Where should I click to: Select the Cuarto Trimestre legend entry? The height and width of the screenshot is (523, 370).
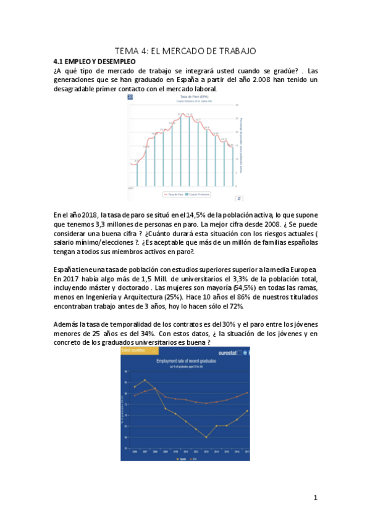198,194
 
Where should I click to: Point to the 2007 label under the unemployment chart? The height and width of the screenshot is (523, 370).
131,186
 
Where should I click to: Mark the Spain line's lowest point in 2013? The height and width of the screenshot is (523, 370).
206,437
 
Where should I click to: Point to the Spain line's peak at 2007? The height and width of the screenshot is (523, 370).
145,380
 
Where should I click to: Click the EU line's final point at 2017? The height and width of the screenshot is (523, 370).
247,392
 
